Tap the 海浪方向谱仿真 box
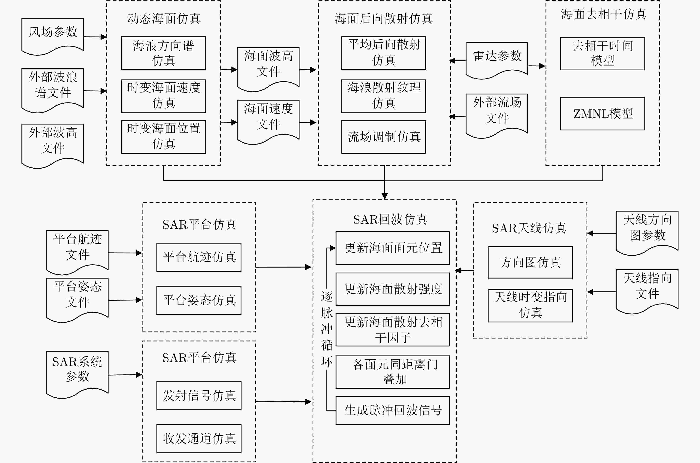[x=163, y=53]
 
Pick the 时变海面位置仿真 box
[x=163, y=136]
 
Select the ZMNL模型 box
[x=602, y=114]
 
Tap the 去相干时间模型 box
[x=602, y=53]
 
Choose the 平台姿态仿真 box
[x=199, y=300]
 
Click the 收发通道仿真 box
[x=199, y=439]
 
